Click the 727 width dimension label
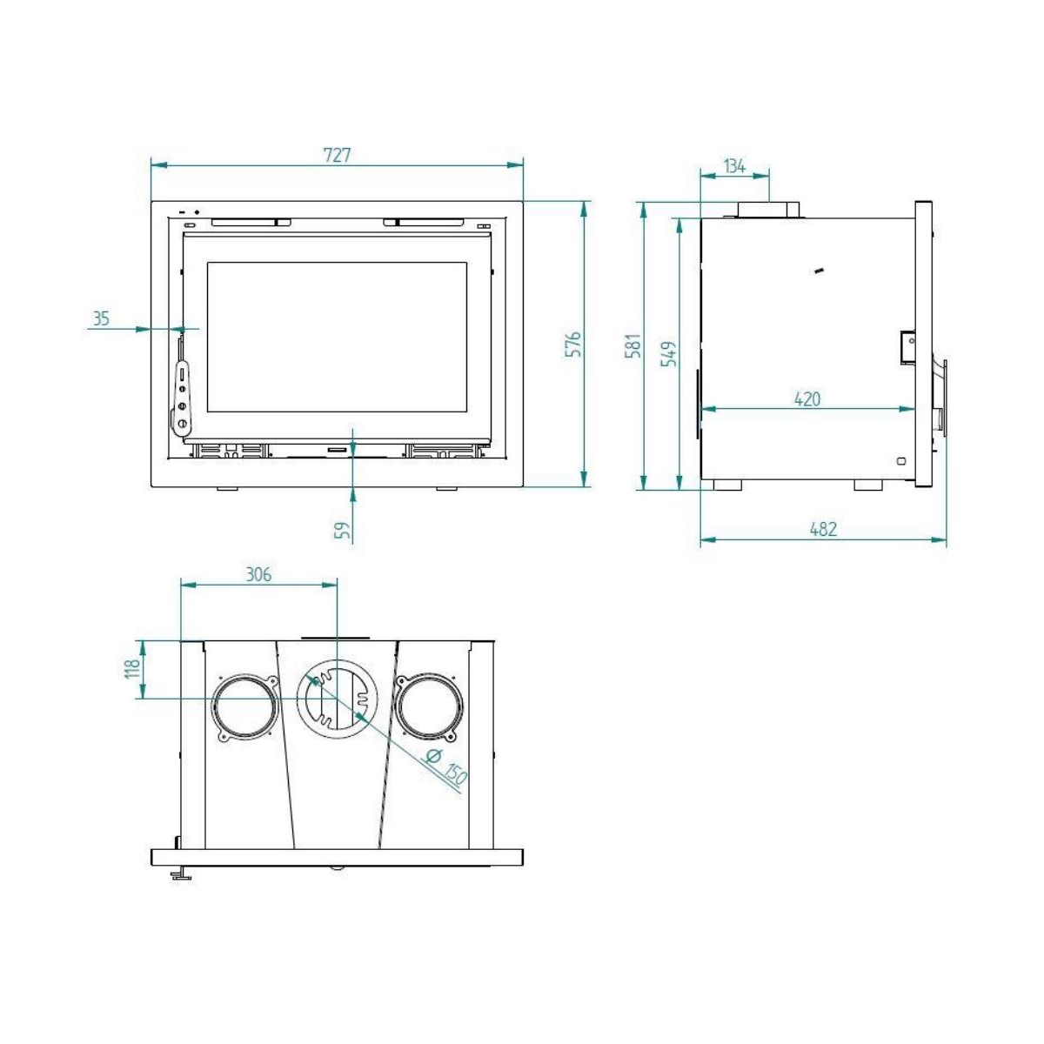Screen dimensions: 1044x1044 pyautogui.click(x=337, y=155)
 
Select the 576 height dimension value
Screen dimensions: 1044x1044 pyautogui.click(x=572, y=345)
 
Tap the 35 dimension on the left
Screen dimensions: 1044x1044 pyautogui.click(x=101, y=318)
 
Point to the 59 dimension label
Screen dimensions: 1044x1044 pyautogui.click(x=345, y=531)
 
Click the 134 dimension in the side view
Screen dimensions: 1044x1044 pyautogui.click(x=735, y=165)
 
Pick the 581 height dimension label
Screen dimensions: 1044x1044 pyautogui.click(x=633, y=345)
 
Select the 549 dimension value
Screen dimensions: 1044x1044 pyautogui.click(x=669, y=353)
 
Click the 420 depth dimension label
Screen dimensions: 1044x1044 pyautogui.click(x=807, y=399)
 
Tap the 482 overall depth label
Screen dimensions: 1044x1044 pyautogui.click(x=823, y=529)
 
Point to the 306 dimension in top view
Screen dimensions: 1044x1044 pyautogui.click(x=258, y=574)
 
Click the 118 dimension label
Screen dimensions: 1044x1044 pyautogui.click(x=132, y=668)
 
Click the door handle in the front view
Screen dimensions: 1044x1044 pyautogui.click(x=182, y=396)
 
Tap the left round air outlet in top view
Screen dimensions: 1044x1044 pyautogui.click(x=244, y=706)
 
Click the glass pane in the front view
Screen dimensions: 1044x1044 pyautogui.click(x=337, y=338)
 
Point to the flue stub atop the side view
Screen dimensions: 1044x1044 pyautogui.click(x=769, y=210)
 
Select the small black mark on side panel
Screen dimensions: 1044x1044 pyautogui.click(x=818, y=271)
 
